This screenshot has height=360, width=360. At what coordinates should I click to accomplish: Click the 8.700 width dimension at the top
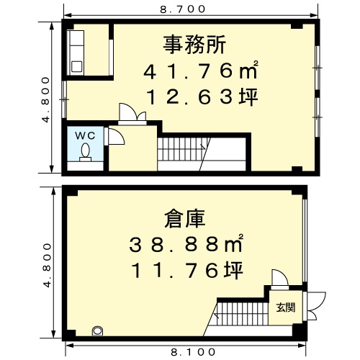pyautogui.click(x=183, y=9)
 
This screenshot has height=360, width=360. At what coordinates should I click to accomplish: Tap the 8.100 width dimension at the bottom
pyautogui.click(x=194, y=352)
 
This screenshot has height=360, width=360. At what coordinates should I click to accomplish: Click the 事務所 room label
pyautogui.click(x=194, y=45)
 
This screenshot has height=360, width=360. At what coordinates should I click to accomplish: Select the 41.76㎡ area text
pyautogui.click(x=201, y=71)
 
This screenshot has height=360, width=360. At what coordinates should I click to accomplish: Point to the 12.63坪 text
pyautogui.click(x=203, y=97)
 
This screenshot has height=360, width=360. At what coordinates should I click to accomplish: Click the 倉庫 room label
pyautogui.click(x=185, y=219)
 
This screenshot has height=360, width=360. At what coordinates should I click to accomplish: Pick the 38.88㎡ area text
pyautogui.click(x=186, y=243)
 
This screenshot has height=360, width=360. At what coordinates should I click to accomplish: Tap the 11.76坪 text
pyautogui.click(x=188, y=270)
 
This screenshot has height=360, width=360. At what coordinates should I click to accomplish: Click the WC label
pyautogui.click(x=85, y=136)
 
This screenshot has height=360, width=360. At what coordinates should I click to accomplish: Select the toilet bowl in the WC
pyautogui.click(x=85, y=153)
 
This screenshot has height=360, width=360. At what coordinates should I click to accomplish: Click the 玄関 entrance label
pyautogui.click(x=286, y=307)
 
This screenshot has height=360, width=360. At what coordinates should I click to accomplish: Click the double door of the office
pyautogui.click(x=132, y=114)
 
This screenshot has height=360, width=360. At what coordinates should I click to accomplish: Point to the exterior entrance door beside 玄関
pyautogui.click(x=315, y=306)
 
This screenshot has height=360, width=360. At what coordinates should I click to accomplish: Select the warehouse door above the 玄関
pyautogui.click(x=280, y=279)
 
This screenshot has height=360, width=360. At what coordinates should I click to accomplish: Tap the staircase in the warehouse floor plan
pyautogui.click(x=240, y=314)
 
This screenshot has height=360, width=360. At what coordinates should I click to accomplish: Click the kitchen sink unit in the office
pyautogui.click(x=76, y=53)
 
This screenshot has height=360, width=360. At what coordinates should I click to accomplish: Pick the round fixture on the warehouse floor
pyautogui.click(x=98, y=331)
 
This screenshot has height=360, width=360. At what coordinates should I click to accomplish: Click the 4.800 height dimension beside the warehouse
pyautogui.click(x=48, y=265)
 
